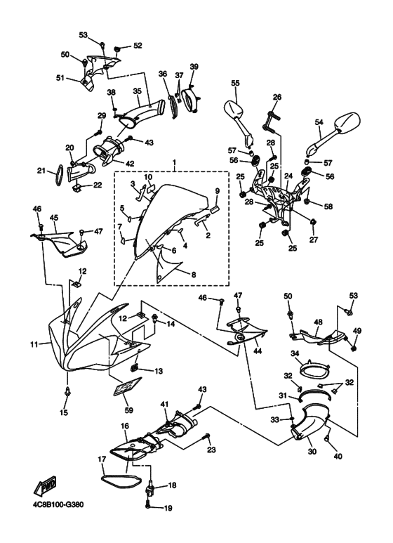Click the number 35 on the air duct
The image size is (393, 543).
tap(138, 91)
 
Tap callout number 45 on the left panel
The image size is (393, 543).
tap(53, 218)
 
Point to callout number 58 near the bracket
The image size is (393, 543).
tap(328, 207)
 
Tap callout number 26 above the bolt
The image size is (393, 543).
tap(277, 97)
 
